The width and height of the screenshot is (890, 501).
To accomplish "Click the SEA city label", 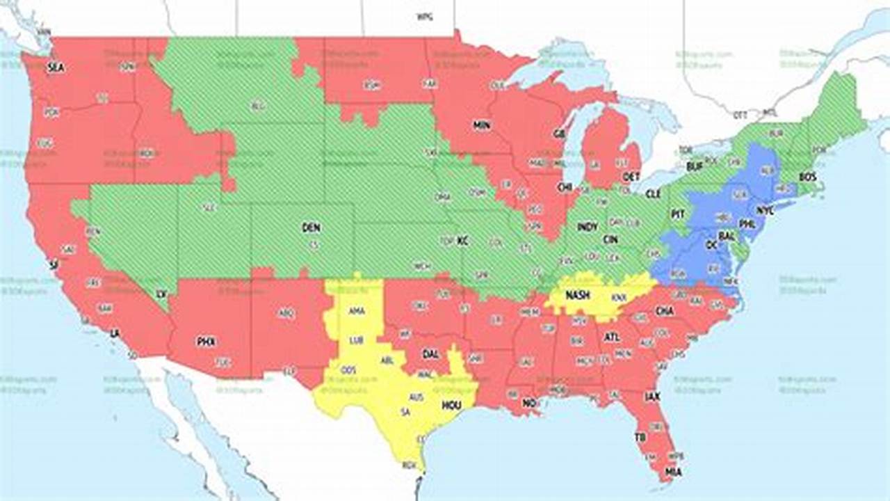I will point(55,67).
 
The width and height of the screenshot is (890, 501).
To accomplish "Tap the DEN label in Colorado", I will point(311,227).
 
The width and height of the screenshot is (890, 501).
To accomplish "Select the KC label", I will point(462,241).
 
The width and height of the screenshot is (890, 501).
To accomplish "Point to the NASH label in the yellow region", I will point(577,295).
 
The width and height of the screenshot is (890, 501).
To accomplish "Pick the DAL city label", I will point(430,353).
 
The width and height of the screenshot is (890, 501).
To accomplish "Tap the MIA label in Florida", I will point(673,472).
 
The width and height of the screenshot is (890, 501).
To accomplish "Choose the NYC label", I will point(765,209).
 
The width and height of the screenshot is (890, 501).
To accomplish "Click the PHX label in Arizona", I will point(206,341).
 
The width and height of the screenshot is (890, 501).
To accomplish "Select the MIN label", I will point(481,125).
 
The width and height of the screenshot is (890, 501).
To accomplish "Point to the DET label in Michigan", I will point(631,177).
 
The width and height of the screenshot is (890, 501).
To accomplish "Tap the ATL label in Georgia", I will point(612,337).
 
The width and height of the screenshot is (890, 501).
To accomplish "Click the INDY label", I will point(588,227).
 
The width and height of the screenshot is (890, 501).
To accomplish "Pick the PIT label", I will point(678,214).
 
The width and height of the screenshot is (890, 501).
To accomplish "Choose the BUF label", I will point(695,167).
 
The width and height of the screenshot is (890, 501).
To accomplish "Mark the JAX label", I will point(652,397).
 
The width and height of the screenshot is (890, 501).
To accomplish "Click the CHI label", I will point(564,187).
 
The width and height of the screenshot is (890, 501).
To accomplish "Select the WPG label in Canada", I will point(423,17).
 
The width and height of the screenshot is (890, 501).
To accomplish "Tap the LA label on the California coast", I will point(115,334).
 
